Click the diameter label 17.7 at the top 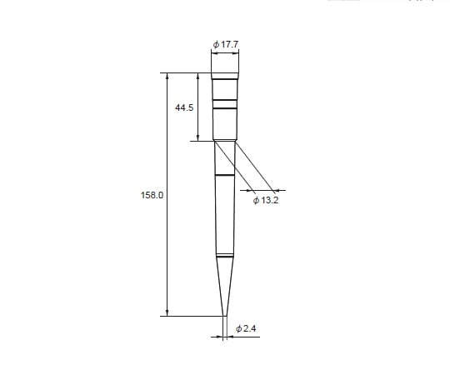(x=227, y=42)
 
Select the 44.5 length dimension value (x=184, y=107)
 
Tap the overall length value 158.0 (x=152, y=194)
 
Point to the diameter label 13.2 (x=267, y=201)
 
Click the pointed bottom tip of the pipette (x=225, y=315)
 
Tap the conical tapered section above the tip (x=225, y=283)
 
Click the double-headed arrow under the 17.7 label (x=225, y=53)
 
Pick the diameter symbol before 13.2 (x=255, y=201)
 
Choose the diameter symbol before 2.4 (x=239, y=329)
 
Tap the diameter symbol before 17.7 (x=216, y=42)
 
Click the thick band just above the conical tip (x=225, y=254)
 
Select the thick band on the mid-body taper (x=225, y=176)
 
